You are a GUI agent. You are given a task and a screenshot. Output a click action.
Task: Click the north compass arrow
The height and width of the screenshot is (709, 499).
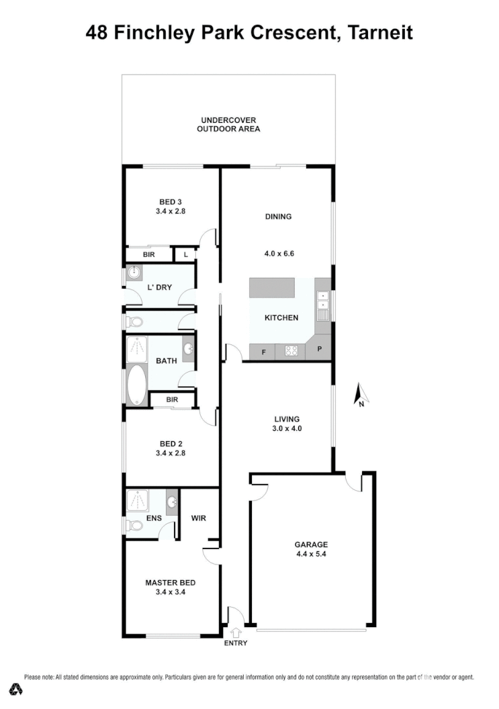pos(359,395)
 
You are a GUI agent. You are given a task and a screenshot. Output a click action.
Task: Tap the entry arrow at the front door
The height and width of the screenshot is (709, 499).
pos(236,632)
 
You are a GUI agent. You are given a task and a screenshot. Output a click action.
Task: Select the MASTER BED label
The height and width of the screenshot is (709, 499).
pos(170,583)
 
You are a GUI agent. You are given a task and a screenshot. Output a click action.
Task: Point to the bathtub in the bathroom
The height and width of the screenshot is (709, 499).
pos(136,385)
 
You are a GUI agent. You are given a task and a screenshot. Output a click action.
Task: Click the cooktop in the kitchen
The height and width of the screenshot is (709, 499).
pos(291,350)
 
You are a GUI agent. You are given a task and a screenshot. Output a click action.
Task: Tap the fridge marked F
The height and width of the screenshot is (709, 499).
pos(263,351)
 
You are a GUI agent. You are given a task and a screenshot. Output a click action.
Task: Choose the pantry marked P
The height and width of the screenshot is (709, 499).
pos(320,350)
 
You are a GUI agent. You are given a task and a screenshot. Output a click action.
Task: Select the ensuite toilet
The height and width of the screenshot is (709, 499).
pos(133,525)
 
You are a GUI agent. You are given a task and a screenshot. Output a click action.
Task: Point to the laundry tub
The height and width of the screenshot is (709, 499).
pos(134,273)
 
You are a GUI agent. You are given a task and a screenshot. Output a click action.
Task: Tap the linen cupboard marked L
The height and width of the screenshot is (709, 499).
pos(185,255)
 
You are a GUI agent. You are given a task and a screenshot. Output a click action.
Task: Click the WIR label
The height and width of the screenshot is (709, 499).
pos(198,518)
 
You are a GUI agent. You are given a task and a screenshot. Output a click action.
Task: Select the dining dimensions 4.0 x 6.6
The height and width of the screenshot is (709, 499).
pos(279,254)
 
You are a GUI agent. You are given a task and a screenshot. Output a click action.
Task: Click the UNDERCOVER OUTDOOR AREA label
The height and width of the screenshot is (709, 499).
pos(228,124)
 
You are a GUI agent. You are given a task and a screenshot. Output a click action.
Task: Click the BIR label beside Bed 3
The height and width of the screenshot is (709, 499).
pos(148,255)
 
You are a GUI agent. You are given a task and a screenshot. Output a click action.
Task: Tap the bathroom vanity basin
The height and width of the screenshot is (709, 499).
pos(189,348)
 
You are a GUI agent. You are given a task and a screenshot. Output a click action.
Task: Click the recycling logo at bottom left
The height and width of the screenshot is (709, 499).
pos(15,690)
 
